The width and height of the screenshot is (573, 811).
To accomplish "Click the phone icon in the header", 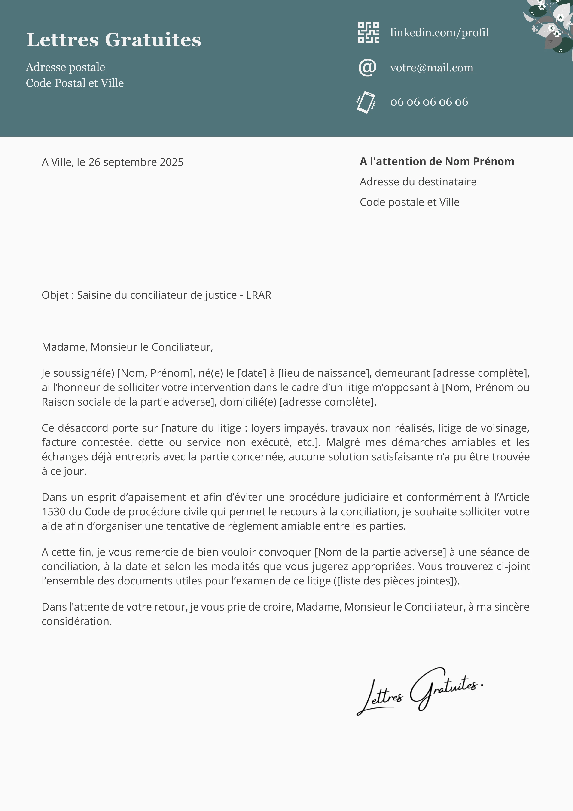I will pos(366,102).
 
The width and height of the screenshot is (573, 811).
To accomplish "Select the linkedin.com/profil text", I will pos(439,33).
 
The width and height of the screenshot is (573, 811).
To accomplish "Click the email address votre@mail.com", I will pos(431,68).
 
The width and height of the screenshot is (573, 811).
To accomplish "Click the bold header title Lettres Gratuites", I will pos(114,40).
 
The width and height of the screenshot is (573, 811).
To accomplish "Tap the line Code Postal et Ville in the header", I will pos(75,83).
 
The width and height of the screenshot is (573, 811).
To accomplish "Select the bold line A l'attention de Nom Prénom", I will pos(437,161).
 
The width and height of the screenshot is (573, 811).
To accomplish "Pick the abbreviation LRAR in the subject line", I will pos(259,295).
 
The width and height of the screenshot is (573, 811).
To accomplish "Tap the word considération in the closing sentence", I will pos(77,621).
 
